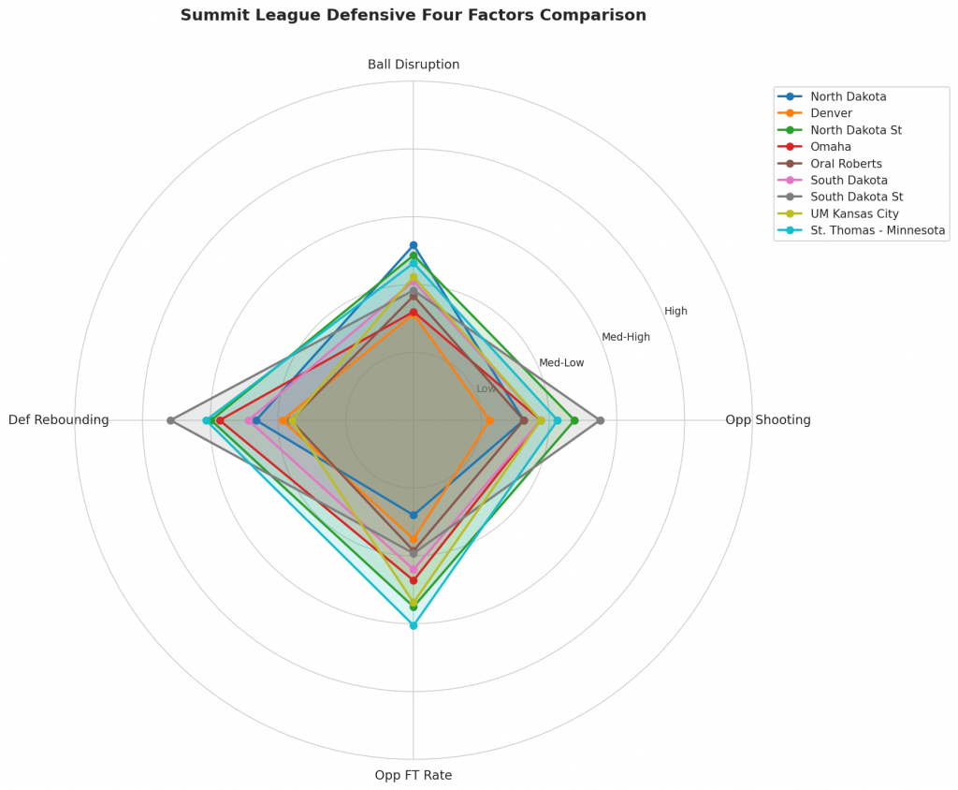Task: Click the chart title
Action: coord(413,15)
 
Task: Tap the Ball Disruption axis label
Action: coord(413,65)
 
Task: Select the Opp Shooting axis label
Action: coord(767,420)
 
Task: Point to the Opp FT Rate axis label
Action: coord(413,775)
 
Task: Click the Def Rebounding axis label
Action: coord(58,420)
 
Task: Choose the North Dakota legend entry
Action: coord(848,96)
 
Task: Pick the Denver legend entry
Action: coord(831,113)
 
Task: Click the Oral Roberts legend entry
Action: coord(846,164)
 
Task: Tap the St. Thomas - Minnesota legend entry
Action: coord(878,231)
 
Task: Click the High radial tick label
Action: coord(675,312)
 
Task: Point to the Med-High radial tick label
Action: coord(625,337)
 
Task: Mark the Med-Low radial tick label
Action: coord(561,363)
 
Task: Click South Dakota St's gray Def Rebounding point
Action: coord(170,420)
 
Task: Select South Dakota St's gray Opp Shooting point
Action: coord(600,420)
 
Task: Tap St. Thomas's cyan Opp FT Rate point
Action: coord(413,625)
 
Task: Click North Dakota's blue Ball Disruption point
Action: coord(413,245)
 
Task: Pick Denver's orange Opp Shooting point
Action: coord(489,420)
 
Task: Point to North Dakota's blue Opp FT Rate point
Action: coord(413,515)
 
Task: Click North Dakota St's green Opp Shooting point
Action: coord(574,420)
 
